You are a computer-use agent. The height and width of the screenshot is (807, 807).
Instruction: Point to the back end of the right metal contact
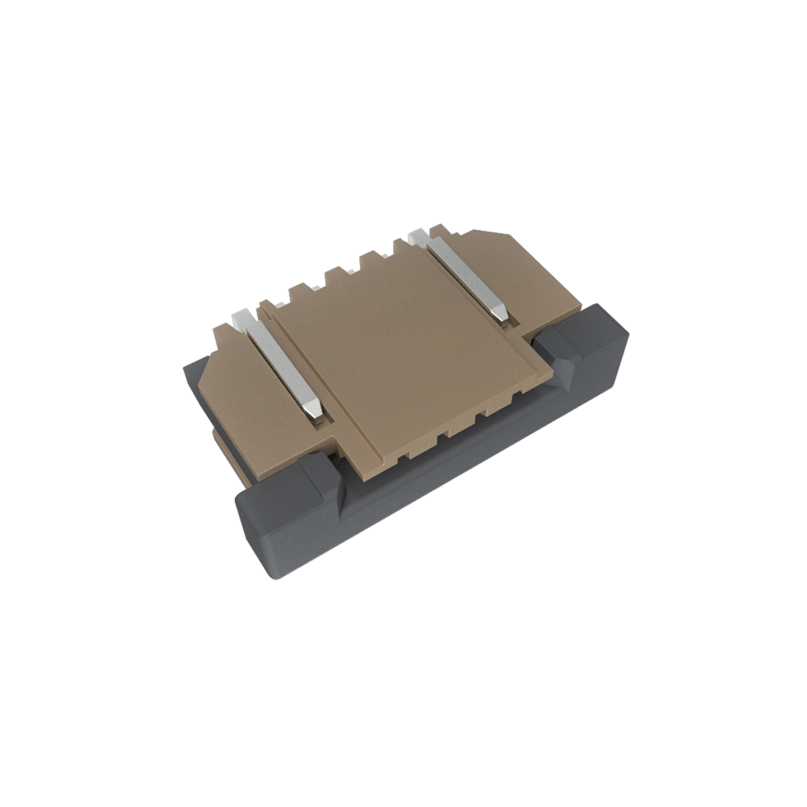pos(418,235)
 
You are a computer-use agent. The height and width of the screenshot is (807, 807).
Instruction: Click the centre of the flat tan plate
pos(402,355)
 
